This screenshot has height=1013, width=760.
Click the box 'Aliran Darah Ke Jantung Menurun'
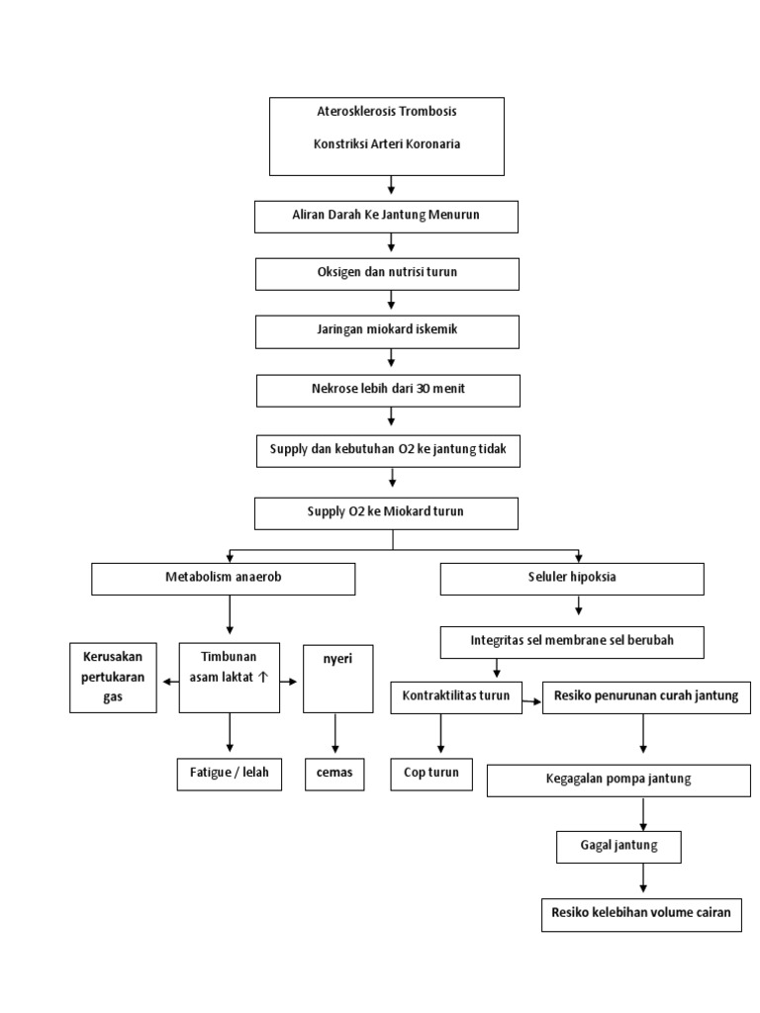click(x=386, y=217)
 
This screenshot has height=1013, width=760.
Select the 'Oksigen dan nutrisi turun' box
click(x=387, y=273)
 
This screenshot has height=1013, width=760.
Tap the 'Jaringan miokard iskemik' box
click(x=387, y=331)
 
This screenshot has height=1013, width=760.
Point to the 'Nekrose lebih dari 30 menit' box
click(x=387, y=390)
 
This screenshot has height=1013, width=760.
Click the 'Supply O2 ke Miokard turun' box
click(x=386, y=512)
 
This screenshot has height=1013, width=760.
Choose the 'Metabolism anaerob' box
click(x=223, y=579)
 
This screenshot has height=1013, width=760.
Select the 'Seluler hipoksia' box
click(x=572, y=579)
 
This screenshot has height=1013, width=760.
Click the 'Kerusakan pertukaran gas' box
click(x=113, y=678)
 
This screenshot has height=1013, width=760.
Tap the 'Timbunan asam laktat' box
click(x=230, y=678)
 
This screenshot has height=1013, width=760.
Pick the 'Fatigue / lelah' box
click(x=230, y=773)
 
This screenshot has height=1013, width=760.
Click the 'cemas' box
click(x=333, y=773)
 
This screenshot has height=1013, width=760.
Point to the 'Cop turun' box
click(x=431, y=773)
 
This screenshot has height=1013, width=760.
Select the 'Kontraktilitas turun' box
click(x=456, y=696)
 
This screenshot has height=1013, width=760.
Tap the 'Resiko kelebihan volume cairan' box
click(x=641, y=914)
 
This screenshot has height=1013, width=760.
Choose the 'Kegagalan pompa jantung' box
click(x=618, y=780)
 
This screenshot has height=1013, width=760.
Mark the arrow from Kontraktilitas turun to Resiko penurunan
click(x=532, y=700)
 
